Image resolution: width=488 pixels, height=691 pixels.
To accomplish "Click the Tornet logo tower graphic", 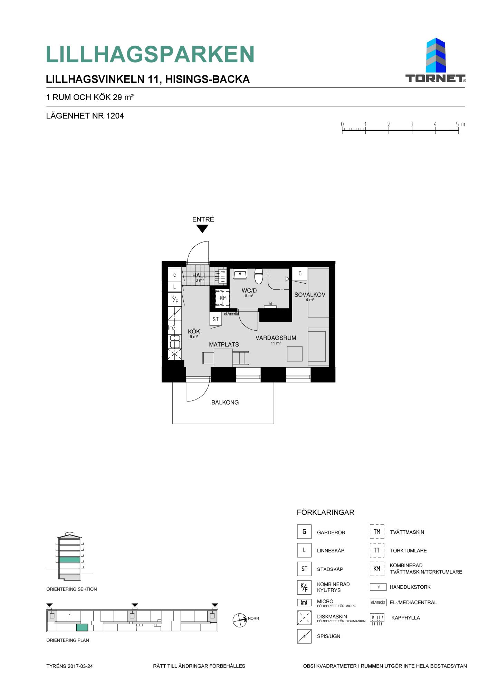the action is click(436, 55).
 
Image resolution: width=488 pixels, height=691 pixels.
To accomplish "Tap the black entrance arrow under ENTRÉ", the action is click(202, 229).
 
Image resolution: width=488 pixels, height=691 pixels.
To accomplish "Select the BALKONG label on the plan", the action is click(225, 403).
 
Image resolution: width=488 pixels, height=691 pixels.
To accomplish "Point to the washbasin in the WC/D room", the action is click(240, 274).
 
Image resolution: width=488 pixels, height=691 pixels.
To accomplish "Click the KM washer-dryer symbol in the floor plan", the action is click(223, 298).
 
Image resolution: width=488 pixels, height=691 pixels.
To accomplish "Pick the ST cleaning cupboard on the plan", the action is click(216, 319).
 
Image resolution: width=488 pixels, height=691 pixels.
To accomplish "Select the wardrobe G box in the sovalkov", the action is click(300, 274).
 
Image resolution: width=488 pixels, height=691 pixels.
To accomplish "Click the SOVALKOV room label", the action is click(310, 295).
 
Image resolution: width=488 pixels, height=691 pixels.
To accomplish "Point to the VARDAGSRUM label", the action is click(276, 338).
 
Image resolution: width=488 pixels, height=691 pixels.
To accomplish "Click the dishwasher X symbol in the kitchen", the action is click(175, 354).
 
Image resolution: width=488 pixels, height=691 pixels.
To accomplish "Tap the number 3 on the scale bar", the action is click(412, 124).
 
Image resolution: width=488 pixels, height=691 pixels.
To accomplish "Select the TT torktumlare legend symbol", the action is click(377, 550).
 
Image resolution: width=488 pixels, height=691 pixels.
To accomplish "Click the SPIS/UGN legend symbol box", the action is click(304, 636).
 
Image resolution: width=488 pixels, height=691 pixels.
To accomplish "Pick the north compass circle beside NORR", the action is click(240, 620).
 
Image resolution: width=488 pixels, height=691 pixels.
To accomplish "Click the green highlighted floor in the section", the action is click(70, 560).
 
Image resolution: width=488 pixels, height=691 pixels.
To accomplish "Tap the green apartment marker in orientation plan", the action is click(82, 627).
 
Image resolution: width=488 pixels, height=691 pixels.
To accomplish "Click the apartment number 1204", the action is click(115, 116).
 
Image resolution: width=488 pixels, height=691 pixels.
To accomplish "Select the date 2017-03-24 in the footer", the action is click(80, 666).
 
